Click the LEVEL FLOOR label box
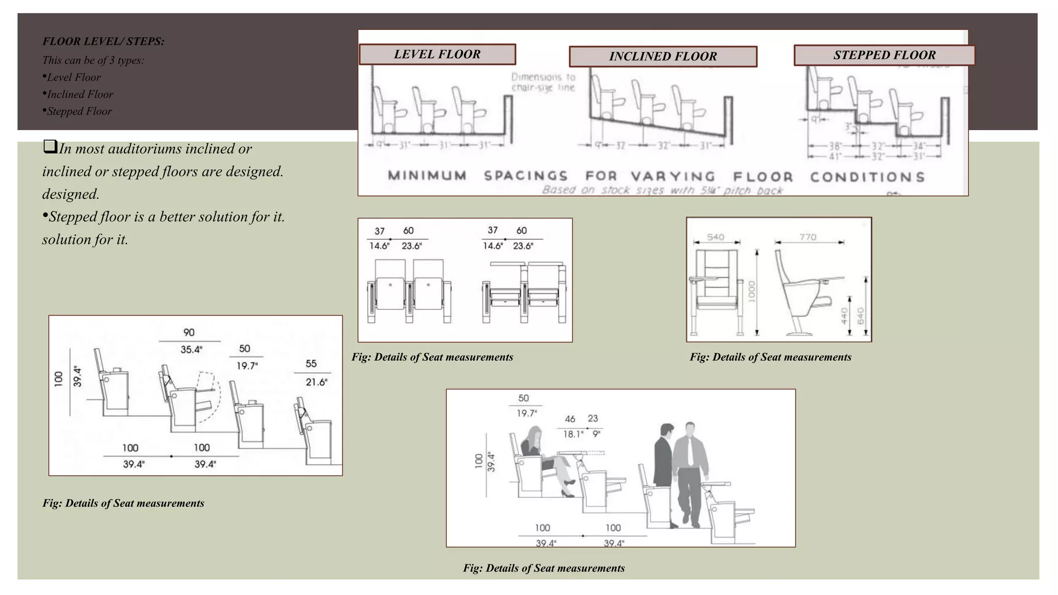(x=437, y=54)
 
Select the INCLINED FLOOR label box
(x=663, y=56)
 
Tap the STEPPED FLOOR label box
(x=884, y=55)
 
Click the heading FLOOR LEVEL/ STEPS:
(x=103, y=41)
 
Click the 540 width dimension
(x=715, y=237)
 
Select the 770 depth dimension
(x=808, y=237)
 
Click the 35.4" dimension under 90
(x=191, y=350)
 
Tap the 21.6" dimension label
(x=316, y=382)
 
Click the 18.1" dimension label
(x=572, y=434)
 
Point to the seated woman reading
(x=542, y=455)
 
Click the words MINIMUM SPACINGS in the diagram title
(x=478, y=176)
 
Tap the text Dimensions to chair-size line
(x=543, y=82)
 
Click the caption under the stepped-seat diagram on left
(x=123, y=503)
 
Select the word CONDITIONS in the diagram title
(x=867, y=177)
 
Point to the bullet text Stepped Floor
(x=79, y=111)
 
